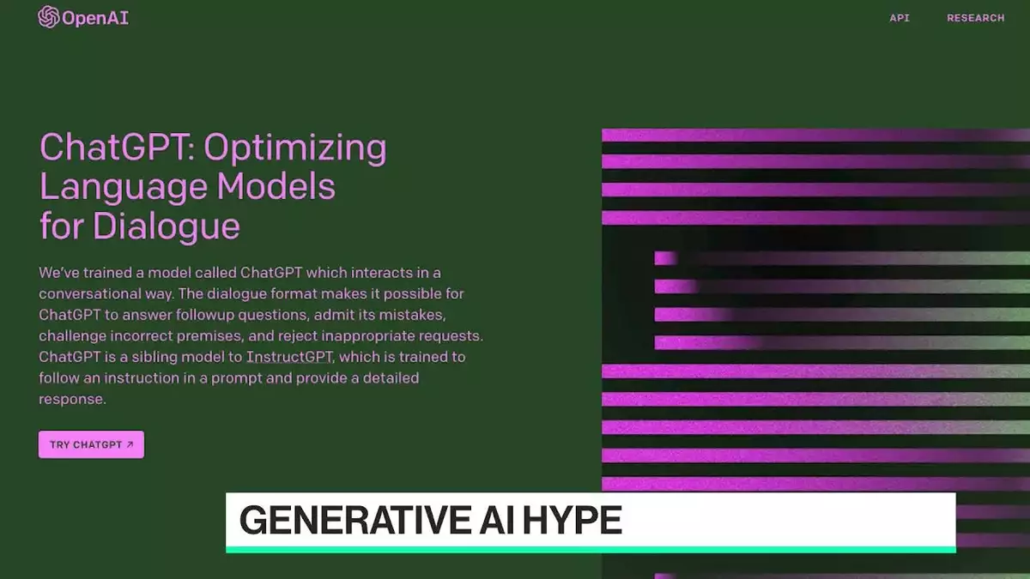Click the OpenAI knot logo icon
49,17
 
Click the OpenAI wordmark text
95,18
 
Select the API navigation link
900,18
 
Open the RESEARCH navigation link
976,18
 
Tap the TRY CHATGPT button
91,444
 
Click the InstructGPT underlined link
289,357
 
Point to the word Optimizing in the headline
294,148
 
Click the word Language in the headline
124,188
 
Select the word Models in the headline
276,187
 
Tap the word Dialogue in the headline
166,226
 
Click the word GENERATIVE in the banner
355,520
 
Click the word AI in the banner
496,520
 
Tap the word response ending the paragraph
72,400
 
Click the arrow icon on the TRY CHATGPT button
130,444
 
